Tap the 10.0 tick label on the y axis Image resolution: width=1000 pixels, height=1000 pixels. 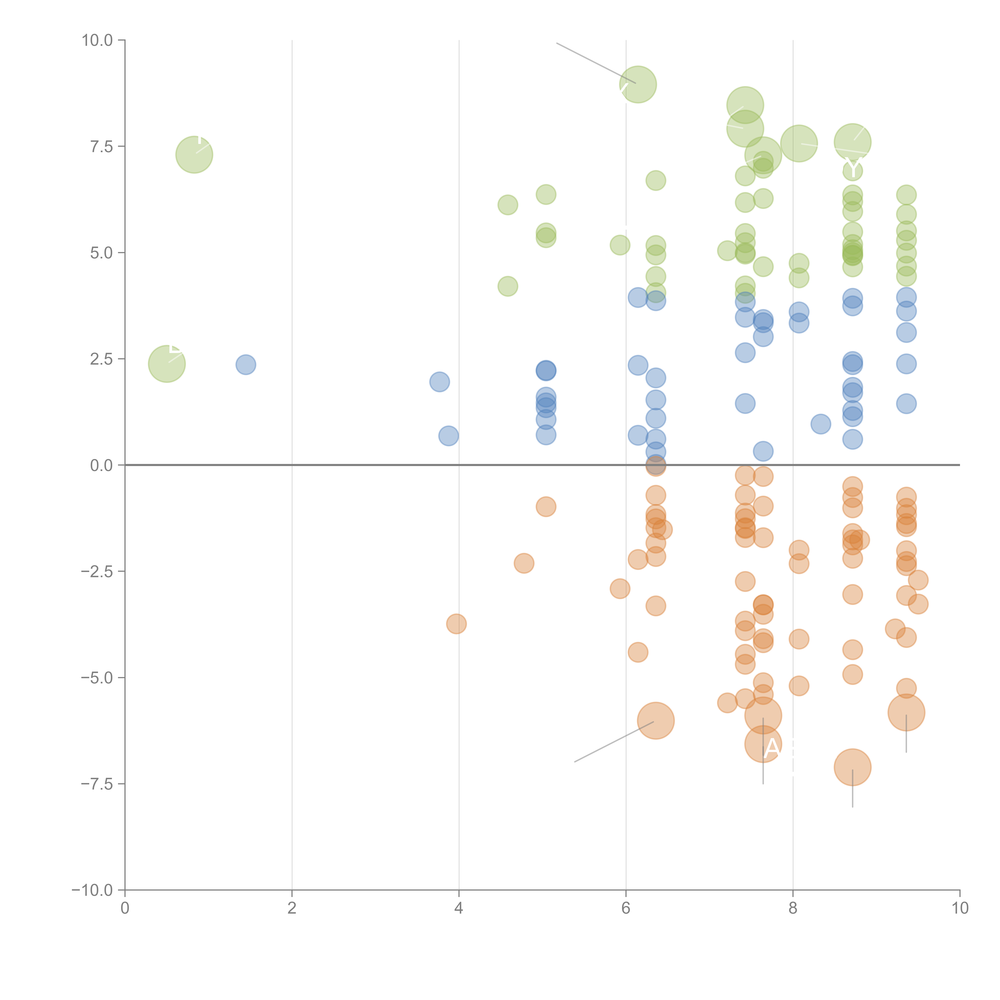tap(97, 40)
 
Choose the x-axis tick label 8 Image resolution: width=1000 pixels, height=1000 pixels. tap(793, 909)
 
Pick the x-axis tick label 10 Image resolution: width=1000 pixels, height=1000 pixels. tap(960, 909)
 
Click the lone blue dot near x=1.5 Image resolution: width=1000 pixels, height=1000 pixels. tap(246, 364)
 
